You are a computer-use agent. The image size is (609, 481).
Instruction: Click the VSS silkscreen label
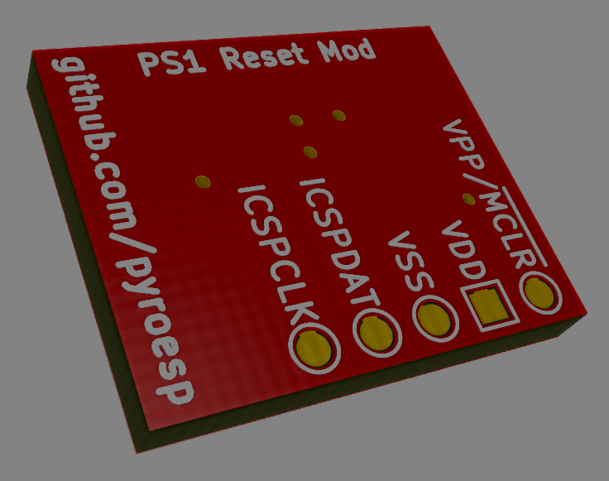click(411, 261)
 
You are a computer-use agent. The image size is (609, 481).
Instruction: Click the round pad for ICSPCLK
click(313, 348)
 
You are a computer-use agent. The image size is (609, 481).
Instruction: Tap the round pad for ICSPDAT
click(377, 333)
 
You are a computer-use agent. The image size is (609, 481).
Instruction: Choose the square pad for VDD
click(488, 305)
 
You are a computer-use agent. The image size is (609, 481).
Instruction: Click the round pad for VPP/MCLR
click(539, 292)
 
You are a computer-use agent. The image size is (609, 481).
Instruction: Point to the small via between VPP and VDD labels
click(468, 199)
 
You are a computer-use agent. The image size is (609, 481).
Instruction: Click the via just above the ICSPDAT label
click(310, 152)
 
